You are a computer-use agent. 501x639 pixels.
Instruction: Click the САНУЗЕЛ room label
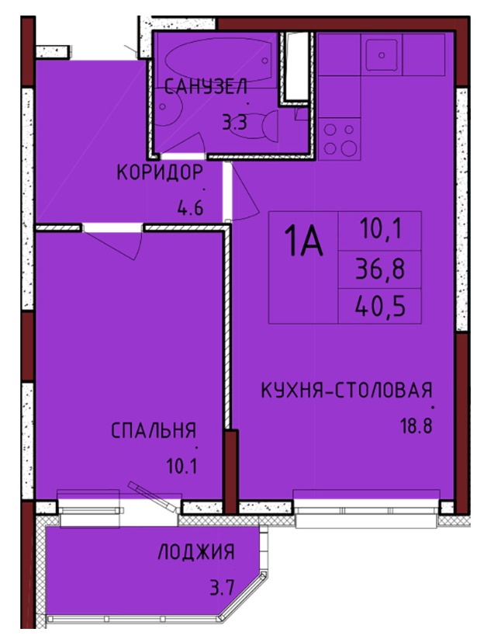(x=206, y=87)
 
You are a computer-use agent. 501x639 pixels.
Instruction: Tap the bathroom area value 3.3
(x=234, y=121)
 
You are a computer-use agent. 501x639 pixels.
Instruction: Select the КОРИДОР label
(x=160, y=172)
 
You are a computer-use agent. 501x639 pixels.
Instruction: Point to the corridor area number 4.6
(x=190, y=208)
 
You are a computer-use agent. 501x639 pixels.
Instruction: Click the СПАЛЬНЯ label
(x=154, y=430)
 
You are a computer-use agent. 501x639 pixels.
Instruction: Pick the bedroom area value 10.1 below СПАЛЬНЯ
(x=181, y=466)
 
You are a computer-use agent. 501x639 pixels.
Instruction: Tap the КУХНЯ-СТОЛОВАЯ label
(x=346, y=390)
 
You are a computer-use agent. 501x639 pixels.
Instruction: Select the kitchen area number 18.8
(x=416, y=426)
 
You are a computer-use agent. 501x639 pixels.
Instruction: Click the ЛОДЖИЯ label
(x=196, y=552)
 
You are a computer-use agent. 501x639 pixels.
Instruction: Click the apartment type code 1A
(x=303, y=241)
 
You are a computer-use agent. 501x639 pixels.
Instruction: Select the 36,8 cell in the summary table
(x=380, y=269)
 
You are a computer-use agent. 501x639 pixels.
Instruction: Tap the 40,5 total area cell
(x=380, y=307)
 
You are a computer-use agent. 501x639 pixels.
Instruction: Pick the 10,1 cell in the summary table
(x=381, y=229)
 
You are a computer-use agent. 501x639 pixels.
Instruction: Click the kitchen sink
(x=382, y=55)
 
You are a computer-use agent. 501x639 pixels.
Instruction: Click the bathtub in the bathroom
(x=218, y=60)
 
